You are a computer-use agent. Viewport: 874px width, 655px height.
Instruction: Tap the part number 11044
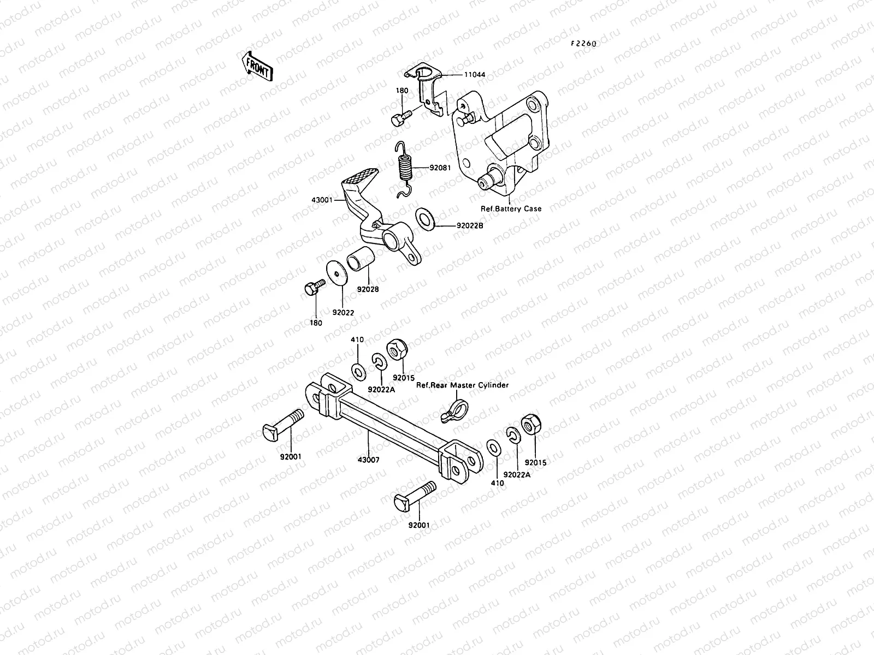pyautogui.click(x=474, y=74)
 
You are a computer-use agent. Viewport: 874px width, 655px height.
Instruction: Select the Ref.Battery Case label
pyautogui.click(x=511, y=209)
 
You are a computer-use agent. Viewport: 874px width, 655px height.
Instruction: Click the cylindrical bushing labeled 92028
pyautogui.click(x=361, y=258)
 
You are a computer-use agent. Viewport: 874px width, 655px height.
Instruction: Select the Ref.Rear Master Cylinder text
pyautogui.click(x=462, y=385)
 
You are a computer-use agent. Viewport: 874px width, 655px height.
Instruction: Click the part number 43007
pyautogui.click(x=368, y=460)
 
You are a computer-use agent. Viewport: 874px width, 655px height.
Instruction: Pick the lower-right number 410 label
pyautogui.click(x=497, y=483)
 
